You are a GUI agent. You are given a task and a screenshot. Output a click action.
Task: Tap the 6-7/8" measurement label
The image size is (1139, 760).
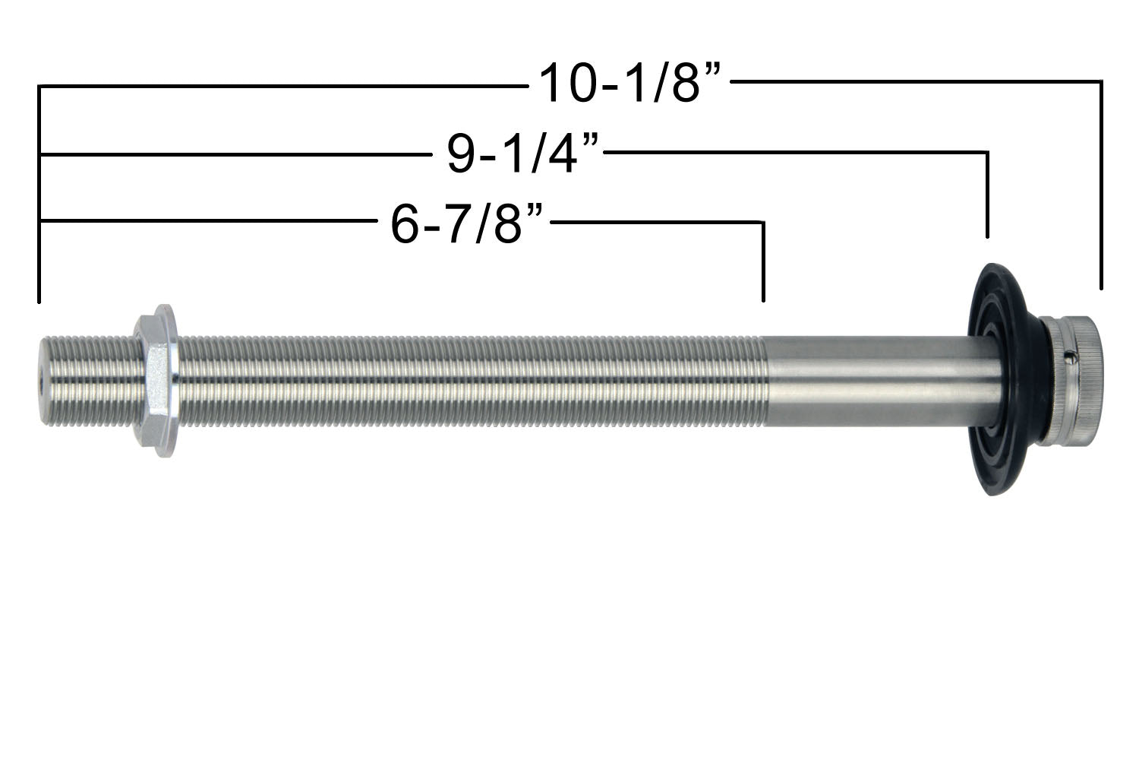click(468, 223)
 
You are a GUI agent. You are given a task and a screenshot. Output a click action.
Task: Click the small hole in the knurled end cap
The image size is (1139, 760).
click(1068, 353)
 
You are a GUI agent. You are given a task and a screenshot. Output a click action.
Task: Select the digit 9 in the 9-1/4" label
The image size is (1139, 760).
click(461, 154)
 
